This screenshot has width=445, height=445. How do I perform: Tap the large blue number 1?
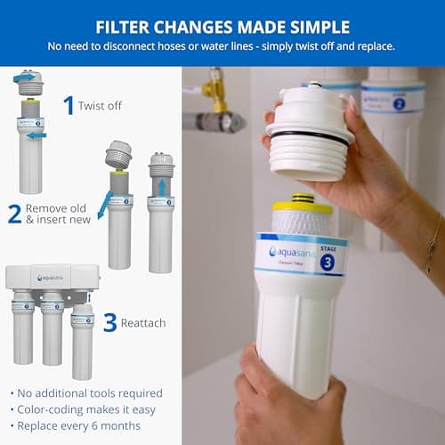[x=69, y=105]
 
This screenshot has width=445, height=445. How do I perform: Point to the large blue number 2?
[x=14, y=214]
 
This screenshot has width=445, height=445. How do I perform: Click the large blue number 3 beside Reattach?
[x=109, y=321]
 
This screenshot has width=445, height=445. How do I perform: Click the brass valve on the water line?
[x=213, y=89]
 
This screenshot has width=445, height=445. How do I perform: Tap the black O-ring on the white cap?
[x=308, y=138]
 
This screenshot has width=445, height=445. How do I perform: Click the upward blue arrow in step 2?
[x=160, y=186]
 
